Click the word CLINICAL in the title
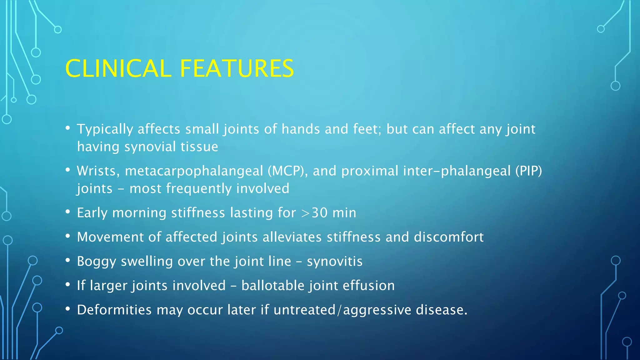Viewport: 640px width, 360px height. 118,68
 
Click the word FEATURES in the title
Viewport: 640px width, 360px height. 237,68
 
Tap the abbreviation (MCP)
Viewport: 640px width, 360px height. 285,171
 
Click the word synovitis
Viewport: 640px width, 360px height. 334,261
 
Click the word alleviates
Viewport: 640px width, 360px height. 292,237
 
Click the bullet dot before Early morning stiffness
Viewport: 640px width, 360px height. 68,212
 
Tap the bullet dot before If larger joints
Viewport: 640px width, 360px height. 68,285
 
